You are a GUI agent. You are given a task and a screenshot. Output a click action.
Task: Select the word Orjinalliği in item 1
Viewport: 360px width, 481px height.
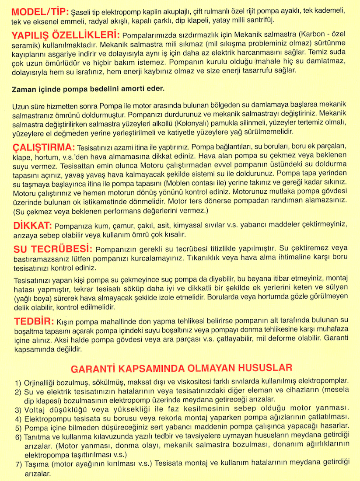pos(44,381)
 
